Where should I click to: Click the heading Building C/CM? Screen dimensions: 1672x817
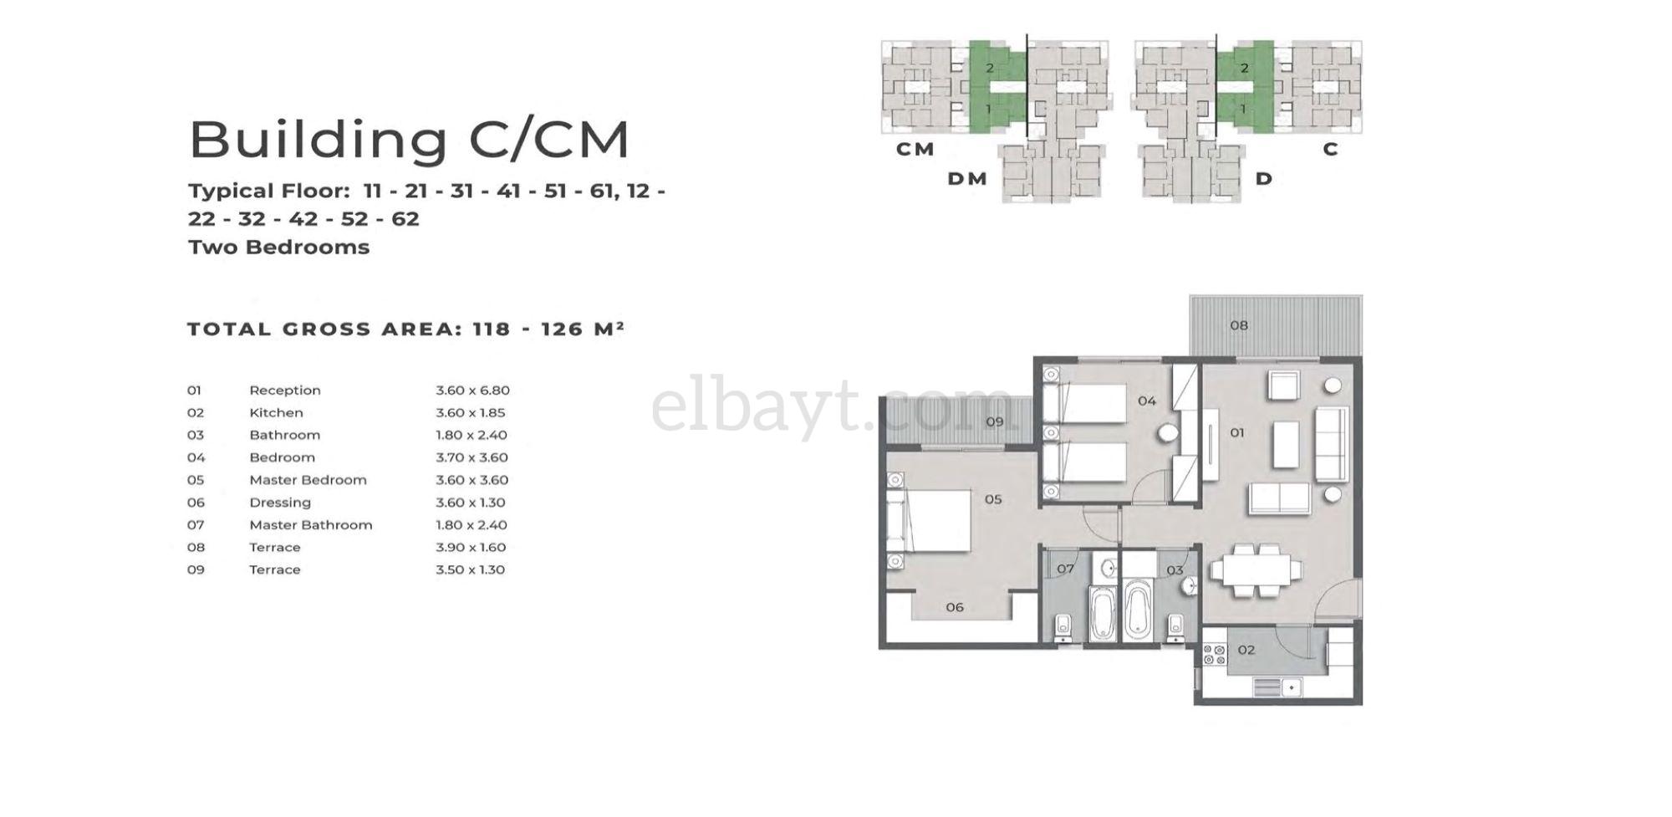[409, 140]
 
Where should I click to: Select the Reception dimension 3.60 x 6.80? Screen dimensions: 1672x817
[472, 391]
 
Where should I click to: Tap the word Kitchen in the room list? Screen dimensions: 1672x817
[276, 413]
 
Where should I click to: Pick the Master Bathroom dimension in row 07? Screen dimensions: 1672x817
[471, 525]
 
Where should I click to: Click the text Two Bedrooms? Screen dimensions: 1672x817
[278, 248]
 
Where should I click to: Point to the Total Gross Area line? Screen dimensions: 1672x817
[405, 329]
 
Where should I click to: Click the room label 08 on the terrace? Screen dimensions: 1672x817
[1239, 325]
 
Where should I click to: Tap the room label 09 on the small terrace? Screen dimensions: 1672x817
[994, 421]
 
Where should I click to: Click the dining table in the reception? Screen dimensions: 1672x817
[1256, 571]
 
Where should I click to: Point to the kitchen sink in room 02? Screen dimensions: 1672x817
[1278, 687]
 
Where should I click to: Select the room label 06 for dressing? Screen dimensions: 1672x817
[955, 607]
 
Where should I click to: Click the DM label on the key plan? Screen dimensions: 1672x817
[967, 179]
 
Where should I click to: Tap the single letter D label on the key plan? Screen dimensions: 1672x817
[1264, 179]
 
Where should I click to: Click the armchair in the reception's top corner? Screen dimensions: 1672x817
[1283, 386]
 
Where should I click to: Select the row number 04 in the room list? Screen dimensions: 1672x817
[196, 458]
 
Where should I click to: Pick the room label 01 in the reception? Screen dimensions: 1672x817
[1237, 432]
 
